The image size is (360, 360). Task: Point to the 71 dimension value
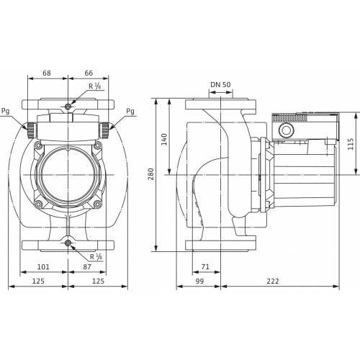click(x=205, y=266)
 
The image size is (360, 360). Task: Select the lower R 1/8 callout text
click(x=95, y=256)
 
